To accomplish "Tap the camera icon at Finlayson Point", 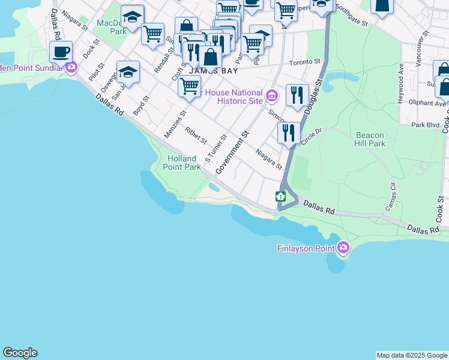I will click(343, 247).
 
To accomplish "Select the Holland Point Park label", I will click(184, 163).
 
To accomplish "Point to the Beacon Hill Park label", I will click(370, 139).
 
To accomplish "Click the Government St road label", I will click(232, 153).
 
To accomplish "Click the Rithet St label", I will click(196, 136).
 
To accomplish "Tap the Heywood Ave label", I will click(400, 84).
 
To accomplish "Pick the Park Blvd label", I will click(423, 125).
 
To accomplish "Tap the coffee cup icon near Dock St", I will click(61, 52).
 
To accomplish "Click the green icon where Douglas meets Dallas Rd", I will click(280, 196).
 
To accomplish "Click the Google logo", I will click(20, 353).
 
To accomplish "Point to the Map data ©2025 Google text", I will click(412, 355).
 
